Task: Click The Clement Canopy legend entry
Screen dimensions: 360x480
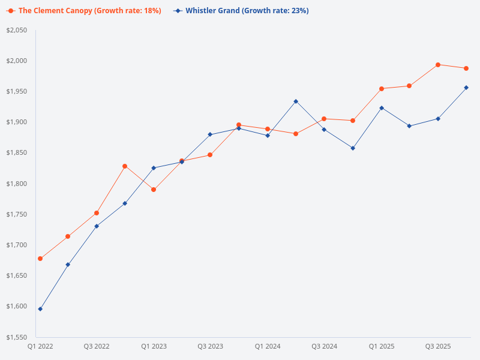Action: [x=84, y=11]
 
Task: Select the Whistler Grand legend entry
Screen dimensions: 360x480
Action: [x=241, y=11]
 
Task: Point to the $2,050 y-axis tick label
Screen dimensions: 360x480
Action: [x=17, y=30]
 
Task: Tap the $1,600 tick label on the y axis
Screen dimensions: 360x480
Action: [x=17, y=307]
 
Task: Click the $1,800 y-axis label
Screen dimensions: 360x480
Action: [x=17, y=184]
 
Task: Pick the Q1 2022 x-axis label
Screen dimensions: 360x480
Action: [x=40, y=346]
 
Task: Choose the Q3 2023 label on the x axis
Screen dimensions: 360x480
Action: [x=211, y=346]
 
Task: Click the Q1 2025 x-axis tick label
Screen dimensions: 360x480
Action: [x=381, y=346]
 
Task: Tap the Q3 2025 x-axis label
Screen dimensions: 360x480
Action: [x=438, y=346]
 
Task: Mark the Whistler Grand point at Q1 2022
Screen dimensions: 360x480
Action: [x=40, y=309]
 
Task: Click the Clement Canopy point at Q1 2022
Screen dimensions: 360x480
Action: [x=40, y=259]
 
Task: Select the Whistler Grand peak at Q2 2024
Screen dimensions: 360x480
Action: [x=296, y=101]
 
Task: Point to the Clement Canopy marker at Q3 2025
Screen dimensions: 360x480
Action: [x=438, y=65]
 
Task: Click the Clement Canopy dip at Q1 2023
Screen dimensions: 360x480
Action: [x=154, y=190]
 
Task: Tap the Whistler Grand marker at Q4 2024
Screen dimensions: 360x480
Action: [x=353, y=148]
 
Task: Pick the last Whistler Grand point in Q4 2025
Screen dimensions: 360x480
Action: [x=466, y=88]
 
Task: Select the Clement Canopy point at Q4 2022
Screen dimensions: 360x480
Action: [x=125, y=166]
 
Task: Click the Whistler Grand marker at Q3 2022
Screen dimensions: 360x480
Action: [x=97, y=226]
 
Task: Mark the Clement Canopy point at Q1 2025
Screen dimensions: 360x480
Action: [x=381, y=89]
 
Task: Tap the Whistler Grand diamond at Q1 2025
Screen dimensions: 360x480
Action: [x=381, y=108]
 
